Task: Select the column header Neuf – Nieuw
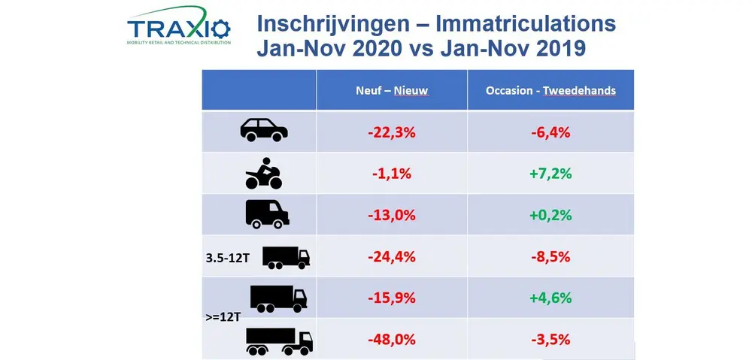tap(391, 91)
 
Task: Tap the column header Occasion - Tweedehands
tap(550, 91)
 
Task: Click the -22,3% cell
tap(391, 132)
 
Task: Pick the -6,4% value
tap(550, 132)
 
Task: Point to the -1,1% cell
tap(391, 174)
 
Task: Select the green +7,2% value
tap(550, 174)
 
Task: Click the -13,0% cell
tap(391, 215)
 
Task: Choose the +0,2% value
tap(550, 215)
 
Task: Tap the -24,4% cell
tap(391, 256)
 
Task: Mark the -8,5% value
tap(550, 256)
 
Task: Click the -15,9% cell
tap(391, 298)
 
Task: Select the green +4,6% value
tap(550, 298)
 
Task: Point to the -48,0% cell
tap(391, 339)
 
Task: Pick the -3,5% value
tap(550, 339)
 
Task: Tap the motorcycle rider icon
tap(264, 174)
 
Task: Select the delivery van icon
tap(267, 213)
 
